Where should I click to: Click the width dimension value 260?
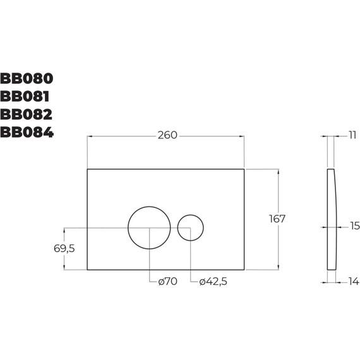pos(167,135)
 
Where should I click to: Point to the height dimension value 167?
pos(277,219)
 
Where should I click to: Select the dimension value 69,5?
pos(64,248)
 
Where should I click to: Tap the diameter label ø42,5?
pos(212,282)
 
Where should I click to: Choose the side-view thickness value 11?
pos(352,135)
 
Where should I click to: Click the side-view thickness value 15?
pos(354,225)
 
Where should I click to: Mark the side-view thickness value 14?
pos(353,282)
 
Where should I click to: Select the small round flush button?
pos(190,228)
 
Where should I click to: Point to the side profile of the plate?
pos(331,219)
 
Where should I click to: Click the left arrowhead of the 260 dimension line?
pos(89,136)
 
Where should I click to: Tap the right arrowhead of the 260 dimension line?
pos(241,136)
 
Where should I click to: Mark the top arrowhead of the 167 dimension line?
pos(277,171)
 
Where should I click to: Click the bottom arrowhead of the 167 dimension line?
pos(277,267)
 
